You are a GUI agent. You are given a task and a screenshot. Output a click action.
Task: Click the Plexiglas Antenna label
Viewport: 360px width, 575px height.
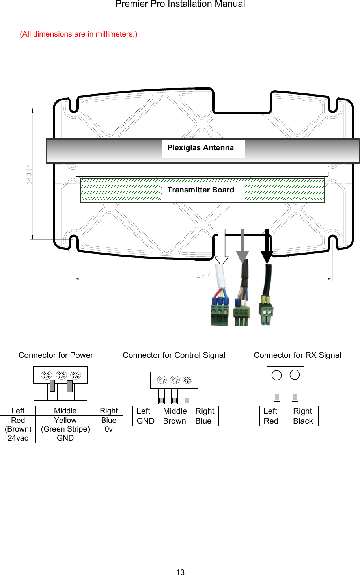pyautogui.click(x=200, y=148)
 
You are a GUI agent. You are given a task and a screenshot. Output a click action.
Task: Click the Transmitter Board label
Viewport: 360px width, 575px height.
pyautogui.click(x=200, y=190)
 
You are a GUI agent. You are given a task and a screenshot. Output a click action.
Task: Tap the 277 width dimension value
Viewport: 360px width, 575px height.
pyautogui.click(x=203, y=275)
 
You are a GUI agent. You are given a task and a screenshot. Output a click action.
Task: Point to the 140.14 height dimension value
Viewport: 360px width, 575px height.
pyautogui.click(x=29, y=174)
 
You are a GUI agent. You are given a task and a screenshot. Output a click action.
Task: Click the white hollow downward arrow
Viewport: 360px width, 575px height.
pyautogui.click(x=222, y=246)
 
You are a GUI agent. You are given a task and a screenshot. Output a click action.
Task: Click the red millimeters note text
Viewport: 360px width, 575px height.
pyautogui.click(x=78, y=34)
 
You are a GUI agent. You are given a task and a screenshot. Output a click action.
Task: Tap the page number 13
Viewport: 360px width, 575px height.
pyautogui.click(x=180, y=572)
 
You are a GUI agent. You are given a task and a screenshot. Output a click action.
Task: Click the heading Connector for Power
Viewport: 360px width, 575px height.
pyautogui.click(x=56, y=355)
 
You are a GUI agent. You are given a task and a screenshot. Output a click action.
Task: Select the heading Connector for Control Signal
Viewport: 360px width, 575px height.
pyautogui.click(x=174, y=355)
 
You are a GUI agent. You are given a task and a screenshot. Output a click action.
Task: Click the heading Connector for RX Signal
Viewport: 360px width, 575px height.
pyautogui.click(x=297, y=355)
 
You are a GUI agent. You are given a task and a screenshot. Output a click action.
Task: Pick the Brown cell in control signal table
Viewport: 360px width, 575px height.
pyautogui.click(x=174, y=421)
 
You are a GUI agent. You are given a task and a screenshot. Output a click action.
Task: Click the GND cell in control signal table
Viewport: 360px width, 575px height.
pyautogui.click(x=145, y=421)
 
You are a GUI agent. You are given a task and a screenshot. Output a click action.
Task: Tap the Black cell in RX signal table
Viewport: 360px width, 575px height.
pyautogui.click(x=303, y=421)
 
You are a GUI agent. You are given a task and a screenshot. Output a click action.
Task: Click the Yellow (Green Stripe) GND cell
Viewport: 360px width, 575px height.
pyautogui.click(x=65, y=429)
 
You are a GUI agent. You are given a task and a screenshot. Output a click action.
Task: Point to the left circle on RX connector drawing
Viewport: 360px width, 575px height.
pyautogui.click(x=277, y=375)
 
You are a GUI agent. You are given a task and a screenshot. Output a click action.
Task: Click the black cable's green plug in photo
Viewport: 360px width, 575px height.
pyautogui.click(x=266, y=314)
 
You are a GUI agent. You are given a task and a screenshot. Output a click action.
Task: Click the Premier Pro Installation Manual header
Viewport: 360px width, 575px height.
pyautogui.click(x=180, y=4)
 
